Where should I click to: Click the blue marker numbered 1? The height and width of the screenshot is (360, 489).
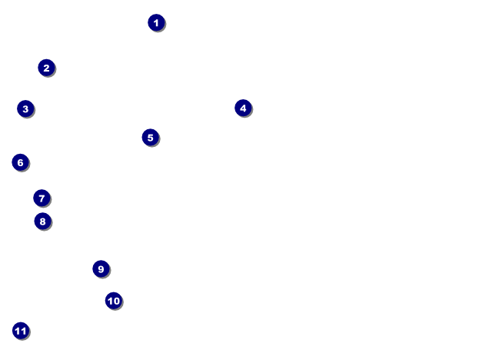[x=156, y=23]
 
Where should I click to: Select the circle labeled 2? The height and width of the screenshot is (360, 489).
[x=46, y=68]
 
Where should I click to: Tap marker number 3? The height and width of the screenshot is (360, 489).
[x=25, y=109]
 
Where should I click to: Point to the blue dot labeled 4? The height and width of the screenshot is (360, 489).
[x=243, y=108]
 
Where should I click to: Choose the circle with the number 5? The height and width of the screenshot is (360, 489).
[x=150, y=138]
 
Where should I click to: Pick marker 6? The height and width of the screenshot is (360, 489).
[x=20, y=162]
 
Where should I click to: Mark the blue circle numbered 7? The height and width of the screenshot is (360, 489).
[x=42, y=198]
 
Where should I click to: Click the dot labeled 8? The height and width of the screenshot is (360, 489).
[x=42, y=222]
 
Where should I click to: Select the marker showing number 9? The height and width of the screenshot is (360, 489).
[x=101, y=269]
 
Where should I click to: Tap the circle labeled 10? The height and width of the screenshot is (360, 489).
[x=114, y=301]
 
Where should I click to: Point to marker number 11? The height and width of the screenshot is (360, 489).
[x=21, y=332]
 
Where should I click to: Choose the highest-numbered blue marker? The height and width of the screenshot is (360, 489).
[x=21, y=332]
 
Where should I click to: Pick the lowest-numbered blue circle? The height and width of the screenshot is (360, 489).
[x=156, y=23]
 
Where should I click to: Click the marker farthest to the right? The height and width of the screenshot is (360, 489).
[x=243, y=108]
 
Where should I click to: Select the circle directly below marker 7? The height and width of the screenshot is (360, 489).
[x=42, y=222]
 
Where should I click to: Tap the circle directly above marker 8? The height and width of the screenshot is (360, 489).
[x=42, y=198]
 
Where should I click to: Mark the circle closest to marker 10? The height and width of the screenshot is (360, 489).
[x=101, y=269]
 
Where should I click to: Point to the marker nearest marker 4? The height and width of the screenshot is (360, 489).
[x=150, y=138]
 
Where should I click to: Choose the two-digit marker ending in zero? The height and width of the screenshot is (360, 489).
[x=114, y=301]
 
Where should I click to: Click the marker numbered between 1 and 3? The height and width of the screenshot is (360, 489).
[x=46, y=68]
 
